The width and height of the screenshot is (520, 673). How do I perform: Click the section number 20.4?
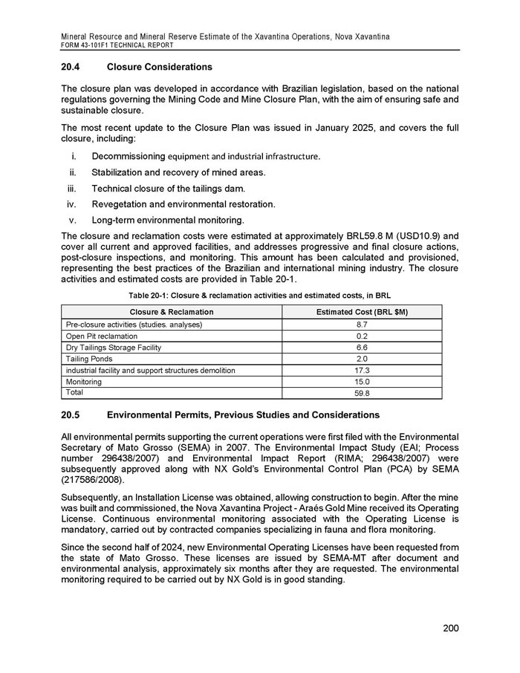[x=71, y=68]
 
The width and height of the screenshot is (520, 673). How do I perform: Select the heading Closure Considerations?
[x=160, y=68]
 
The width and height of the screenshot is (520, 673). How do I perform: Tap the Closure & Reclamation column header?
[x=171, y=311]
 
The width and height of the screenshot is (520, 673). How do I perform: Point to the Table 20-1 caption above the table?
[x=259, y=296]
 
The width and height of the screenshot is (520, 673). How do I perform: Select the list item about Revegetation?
[x=183, y=204]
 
